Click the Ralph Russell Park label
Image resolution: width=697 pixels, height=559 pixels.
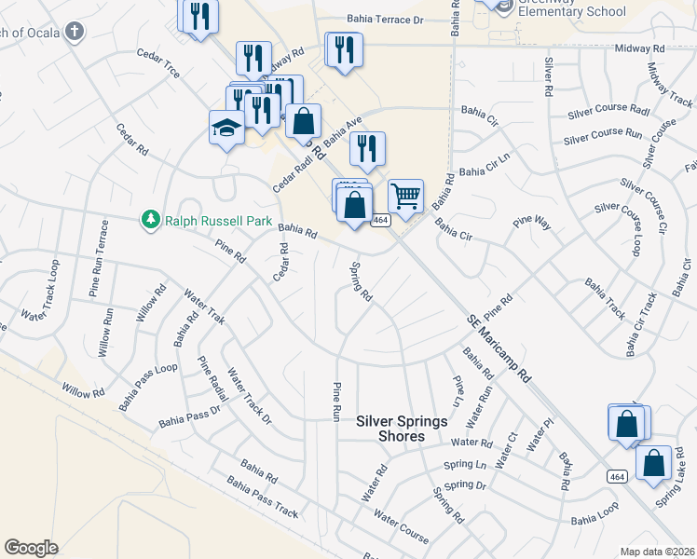pyautogui.click(x=218, y=221)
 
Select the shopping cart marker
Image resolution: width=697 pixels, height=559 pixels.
pyautogui.click(x=405, y=197)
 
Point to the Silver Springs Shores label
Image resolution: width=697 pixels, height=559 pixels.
pyautogui.click(x=403, y=429)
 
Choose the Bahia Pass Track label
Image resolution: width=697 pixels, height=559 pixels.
pyautogui.click(x=262, y=500)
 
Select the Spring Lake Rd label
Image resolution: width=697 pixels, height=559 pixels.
pyautogui.click(x=676, y=484)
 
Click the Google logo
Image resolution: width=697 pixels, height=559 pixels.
pyautogui.click(x=31, y=548)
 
